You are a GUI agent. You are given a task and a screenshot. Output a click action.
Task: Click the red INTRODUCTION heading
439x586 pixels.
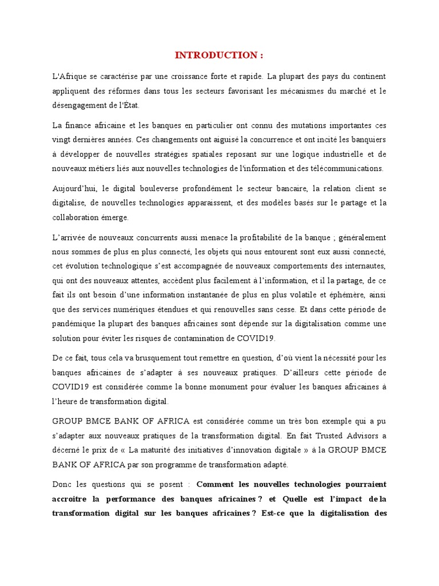(x=219, y=56)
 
